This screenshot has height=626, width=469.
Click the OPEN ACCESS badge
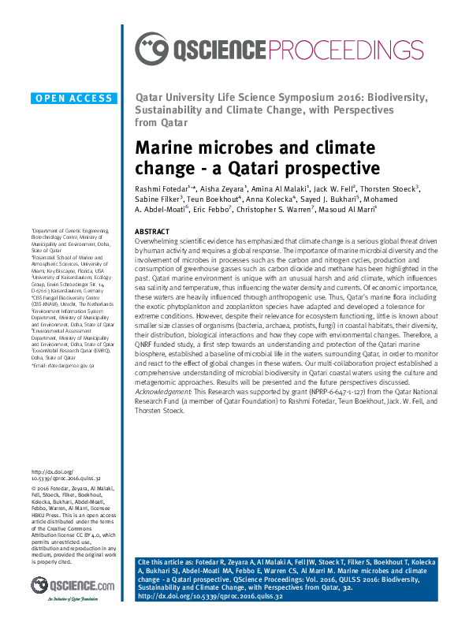click(x=73, y=99)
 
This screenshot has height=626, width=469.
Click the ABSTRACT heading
click(x=151, y=231)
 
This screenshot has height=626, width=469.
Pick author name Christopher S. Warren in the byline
click(x=274, y=212)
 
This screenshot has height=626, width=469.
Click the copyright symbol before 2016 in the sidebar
click(x=34, y=488)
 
